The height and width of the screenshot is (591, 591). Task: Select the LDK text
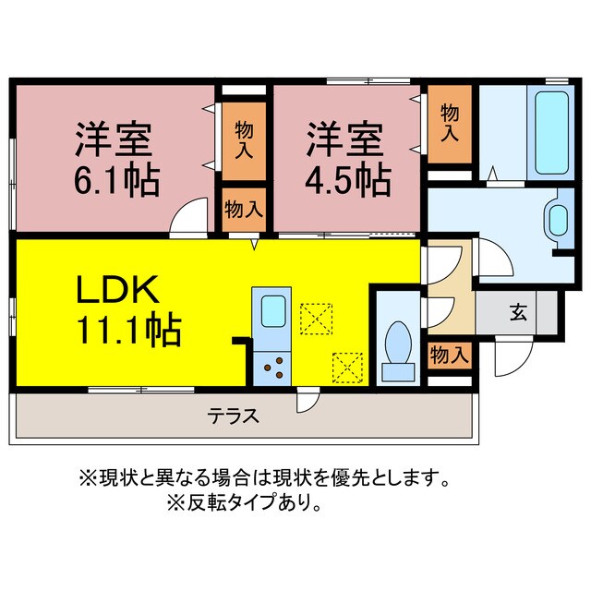coord(119,291)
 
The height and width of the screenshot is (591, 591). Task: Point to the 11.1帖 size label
coord(128,329)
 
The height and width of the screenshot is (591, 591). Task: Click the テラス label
coord(233,415)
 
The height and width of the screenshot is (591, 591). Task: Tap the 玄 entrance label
coord(518,311)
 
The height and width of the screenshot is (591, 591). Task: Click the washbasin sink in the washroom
coord(559,219)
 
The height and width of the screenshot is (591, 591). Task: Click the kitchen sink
coord(272,310)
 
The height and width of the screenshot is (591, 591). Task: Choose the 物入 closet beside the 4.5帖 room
coord(450,123)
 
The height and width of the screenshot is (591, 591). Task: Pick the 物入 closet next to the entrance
coord(450,354)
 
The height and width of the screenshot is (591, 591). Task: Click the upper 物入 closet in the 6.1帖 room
coord(244,136)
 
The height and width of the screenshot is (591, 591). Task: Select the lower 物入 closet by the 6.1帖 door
coord(244,209)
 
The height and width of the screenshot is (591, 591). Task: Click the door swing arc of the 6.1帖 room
coord(189,217)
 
